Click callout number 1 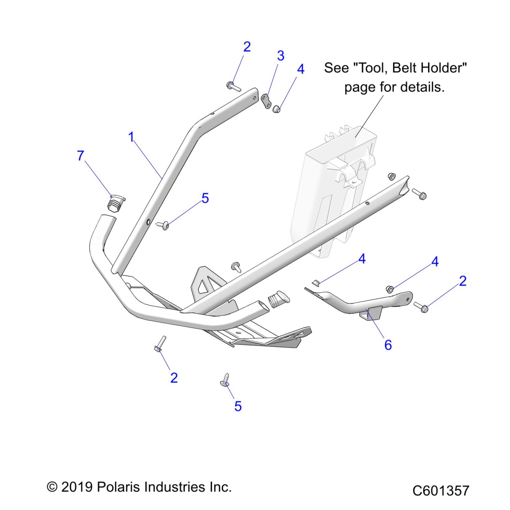point(131,137)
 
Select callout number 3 point(280,56)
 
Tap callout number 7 point(80,156)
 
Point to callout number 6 point(388,345)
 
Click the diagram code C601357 point(440,491)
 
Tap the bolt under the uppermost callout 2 point(233,86)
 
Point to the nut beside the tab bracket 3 point(277,109)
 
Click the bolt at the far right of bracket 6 point(421,307)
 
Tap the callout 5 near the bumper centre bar point(205,198)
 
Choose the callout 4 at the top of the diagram point(301,69)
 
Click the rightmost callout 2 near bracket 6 point(463,281)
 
